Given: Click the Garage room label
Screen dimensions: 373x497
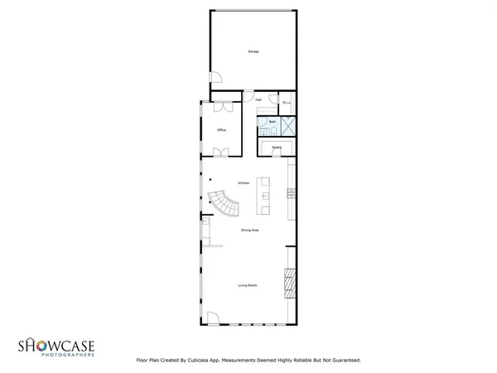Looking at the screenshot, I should tap(253, 51).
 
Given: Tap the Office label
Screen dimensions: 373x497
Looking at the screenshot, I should tap(221, 130).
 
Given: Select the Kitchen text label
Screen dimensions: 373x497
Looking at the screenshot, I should tap(244, 182).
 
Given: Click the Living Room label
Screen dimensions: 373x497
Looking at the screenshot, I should tap(247, 285).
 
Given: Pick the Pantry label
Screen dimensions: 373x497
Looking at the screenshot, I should tap(277, 148).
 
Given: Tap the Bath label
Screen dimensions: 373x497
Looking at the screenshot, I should tap(272, 121).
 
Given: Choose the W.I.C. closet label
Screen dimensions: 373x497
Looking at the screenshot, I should tap(287, 103).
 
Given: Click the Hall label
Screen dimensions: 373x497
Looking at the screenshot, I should tap(258, 99).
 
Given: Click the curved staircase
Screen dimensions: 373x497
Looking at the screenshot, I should tap(224, 201).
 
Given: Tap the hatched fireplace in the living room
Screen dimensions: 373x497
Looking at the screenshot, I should tap(288, 283).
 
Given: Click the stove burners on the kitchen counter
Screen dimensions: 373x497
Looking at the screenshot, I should tap(291, 194).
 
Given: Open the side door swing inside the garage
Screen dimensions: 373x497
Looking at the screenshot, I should tap(214, 80).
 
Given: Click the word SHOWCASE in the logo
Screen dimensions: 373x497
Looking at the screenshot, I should tap(56, 345).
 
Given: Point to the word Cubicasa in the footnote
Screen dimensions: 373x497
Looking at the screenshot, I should tap(195, 361).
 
